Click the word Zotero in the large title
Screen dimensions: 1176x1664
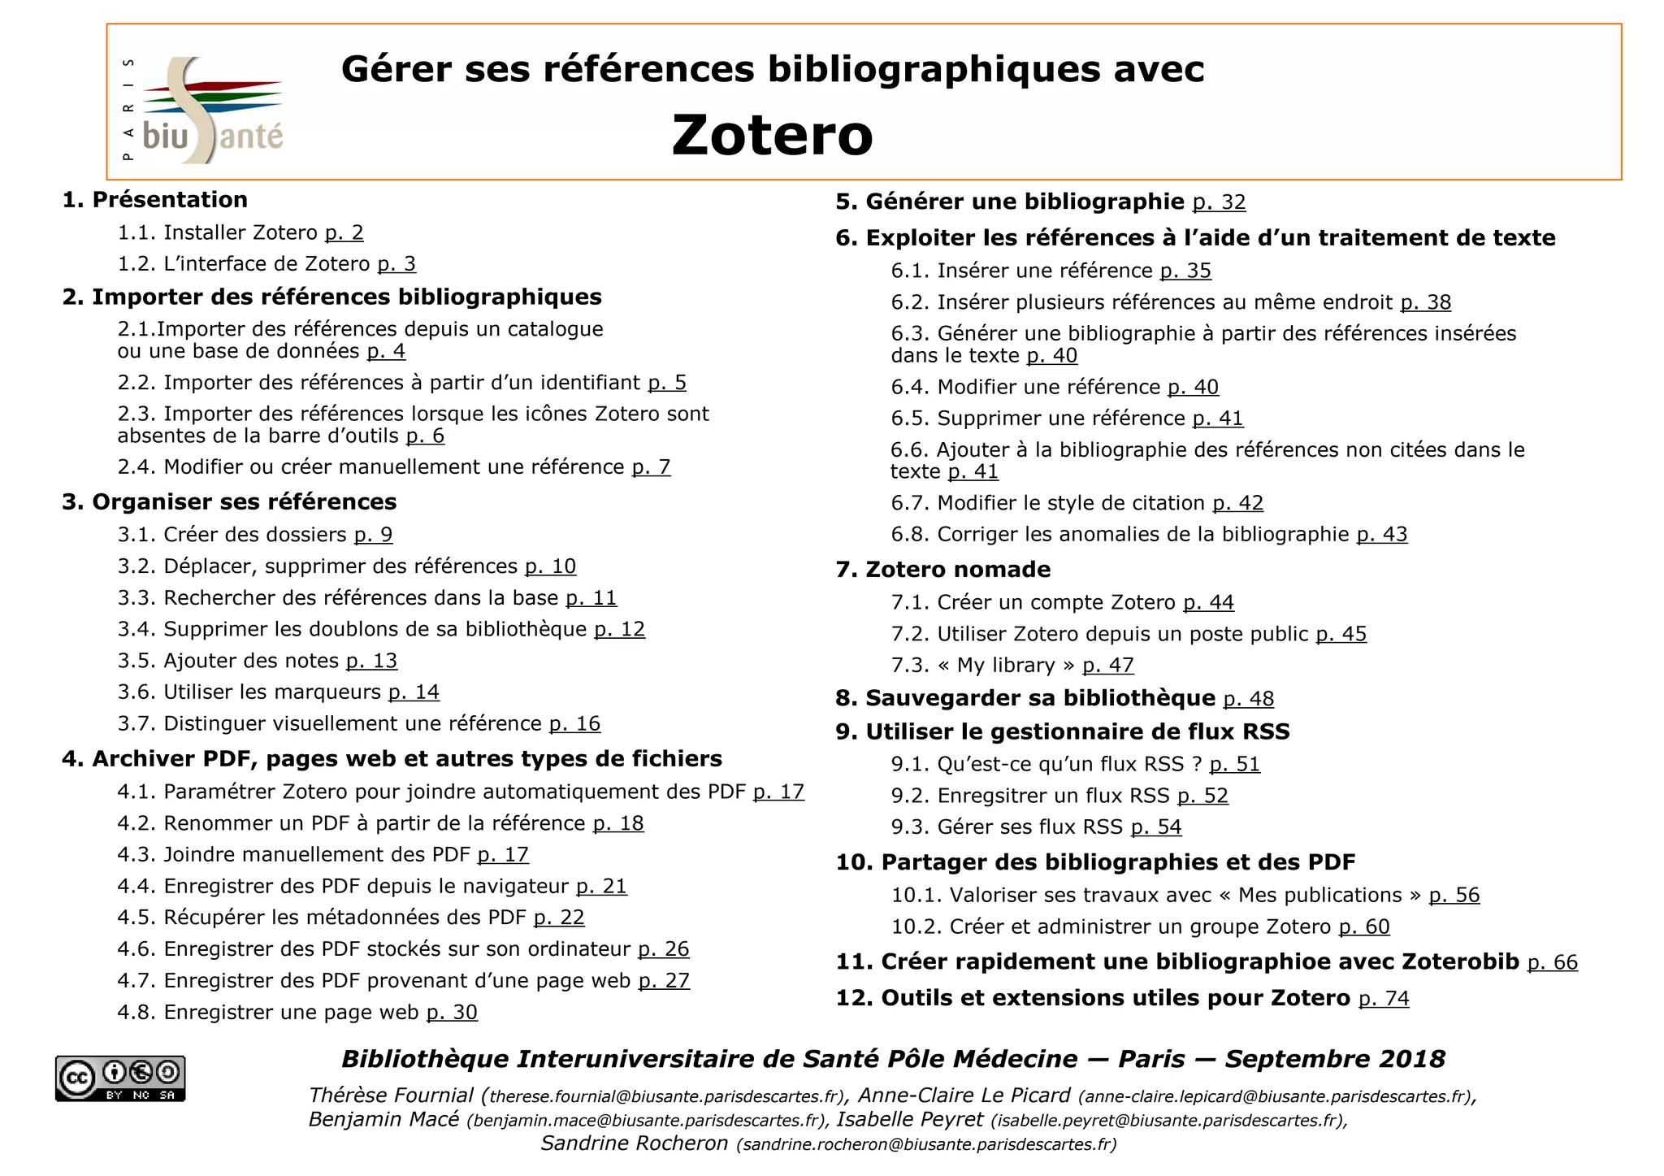pyautogui.click(x=772, y=135)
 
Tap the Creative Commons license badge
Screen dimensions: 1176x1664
pyautogui.click(x=120, y=1078)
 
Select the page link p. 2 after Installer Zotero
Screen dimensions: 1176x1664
pyautogui.click(x=344, y=233)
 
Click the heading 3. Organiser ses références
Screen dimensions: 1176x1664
pyautogui.click(x=229, y=502)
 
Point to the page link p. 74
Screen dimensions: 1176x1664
pyautogui.click(x=1384, y=999)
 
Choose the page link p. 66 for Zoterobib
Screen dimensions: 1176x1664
pyautogui.click(x=1552, y=963)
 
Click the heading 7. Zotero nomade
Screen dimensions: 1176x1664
pyautogui.click(x=942, y=570)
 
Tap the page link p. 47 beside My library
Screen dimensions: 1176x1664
pyautogui.click(x=1107, y=666)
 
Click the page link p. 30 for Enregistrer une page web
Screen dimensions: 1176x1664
pyautogui.click(x=452, y=1013)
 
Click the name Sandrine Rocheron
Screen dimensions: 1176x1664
pyautogui.click(x=635, y=1143)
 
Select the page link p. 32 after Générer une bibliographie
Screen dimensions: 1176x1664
pyautogui.click(x=1219, y=202)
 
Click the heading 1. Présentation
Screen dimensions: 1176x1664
pyautogui.click(x=155, y=200)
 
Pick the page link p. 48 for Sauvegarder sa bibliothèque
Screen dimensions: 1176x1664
pyautogui.click(x=1248, y=699)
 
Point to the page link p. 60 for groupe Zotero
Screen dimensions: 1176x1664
pyautogui.click(x=1364, y=927)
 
